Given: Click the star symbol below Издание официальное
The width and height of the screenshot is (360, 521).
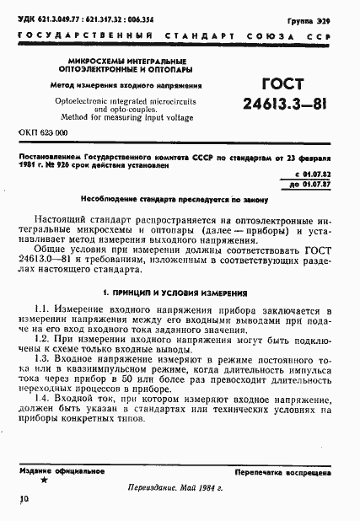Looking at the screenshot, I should pos(44,479).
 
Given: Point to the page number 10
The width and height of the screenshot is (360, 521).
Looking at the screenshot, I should pos(23,500).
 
